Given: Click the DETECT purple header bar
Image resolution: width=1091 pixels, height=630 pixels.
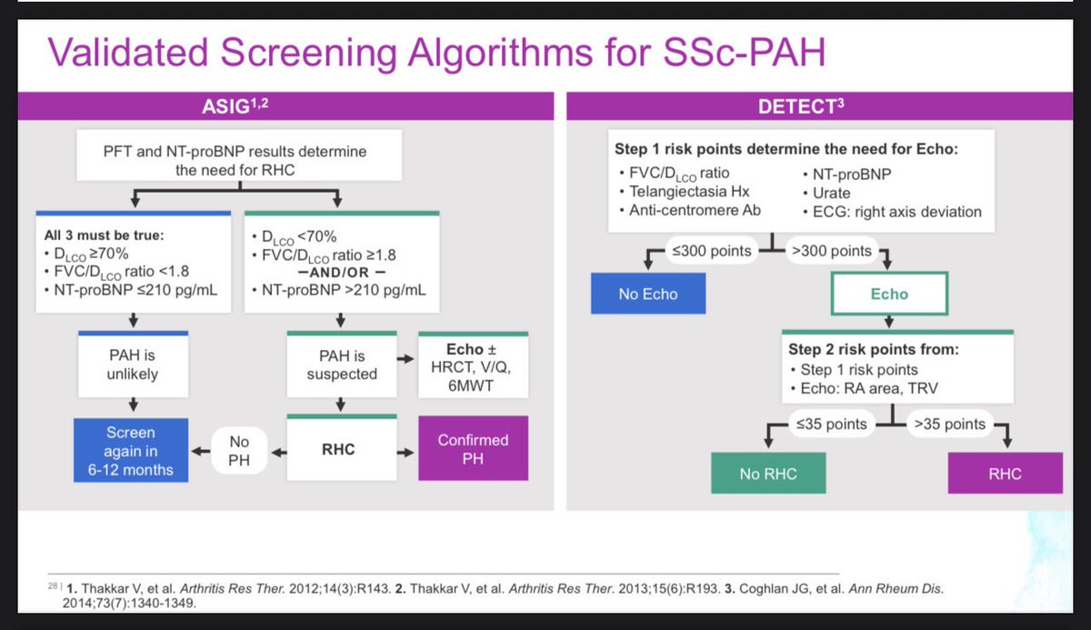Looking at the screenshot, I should click(x=827, y=107).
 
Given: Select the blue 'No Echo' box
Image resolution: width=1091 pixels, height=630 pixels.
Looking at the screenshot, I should click(x=647, y=295).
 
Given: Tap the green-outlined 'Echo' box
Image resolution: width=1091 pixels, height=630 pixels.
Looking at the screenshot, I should click(x=888, y=295).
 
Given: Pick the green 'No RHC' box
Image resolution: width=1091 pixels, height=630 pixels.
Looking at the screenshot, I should click(x=768, y=474).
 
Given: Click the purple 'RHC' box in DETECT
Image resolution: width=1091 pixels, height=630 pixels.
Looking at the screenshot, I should click(x=1004, y=474).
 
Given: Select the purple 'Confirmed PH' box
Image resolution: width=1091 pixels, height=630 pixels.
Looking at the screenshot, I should click(x=472, y=449).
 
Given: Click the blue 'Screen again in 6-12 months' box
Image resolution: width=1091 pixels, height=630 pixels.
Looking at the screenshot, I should click(x=130, y=449).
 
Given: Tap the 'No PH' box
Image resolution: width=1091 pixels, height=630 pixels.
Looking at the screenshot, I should click(x=238, y=449).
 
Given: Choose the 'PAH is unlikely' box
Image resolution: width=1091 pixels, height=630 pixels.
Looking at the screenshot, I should click(x=133, y=365).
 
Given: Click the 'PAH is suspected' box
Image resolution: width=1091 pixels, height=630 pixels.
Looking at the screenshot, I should click(x=341, y=365).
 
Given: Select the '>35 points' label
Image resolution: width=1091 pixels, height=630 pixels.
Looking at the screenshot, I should click(x=950, y=424).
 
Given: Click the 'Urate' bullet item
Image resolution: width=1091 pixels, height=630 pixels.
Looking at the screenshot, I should click(x=827, y=192).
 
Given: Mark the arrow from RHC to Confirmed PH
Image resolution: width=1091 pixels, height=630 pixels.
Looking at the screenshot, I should click(x=401, y=448).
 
